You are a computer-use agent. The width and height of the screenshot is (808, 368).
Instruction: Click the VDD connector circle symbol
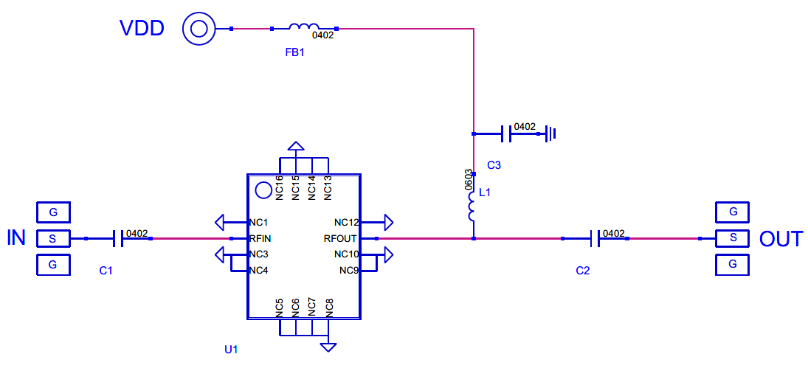coord(199,29)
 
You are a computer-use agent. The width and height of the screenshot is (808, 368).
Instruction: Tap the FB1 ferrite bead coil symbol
coord(304,27)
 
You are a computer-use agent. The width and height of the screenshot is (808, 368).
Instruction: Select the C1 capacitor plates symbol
coord(117,238)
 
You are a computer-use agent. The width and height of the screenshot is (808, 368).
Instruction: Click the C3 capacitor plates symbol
coord(506,133)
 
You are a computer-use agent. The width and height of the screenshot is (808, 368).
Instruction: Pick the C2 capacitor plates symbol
coord(594,238)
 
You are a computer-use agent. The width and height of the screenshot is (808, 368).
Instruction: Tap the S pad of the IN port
coord(52,238)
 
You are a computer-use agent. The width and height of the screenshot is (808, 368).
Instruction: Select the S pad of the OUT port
coord(733,238)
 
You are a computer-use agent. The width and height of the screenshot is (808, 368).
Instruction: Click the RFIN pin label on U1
coord(260,239)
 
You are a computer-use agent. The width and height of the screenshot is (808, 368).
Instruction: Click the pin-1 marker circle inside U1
coord(263,190)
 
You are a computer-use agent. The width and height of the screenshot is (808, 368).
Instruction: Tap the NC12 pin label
coord(346,223)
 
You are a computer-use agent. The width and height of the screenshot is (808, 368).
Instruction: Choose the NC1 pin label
coord(258,223)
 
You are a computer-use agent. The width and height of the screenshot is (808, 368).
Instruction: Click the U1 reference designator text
coord(231,350)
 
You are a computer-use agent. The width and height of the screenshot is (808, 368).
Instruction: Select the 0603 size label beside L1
coord(469,180)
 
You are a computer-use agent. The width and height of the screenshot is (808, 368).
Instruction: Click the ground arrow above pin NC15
coord(296,146)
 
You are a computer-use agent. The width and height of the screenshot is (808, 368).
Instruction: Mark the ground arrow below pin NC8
coord(328,347)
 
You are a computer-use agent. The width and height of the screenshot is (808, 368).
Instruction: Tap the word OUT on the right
coord(781,239)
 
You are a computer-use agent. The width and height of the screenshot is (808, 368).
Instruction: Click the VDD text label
coord(142,29)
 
